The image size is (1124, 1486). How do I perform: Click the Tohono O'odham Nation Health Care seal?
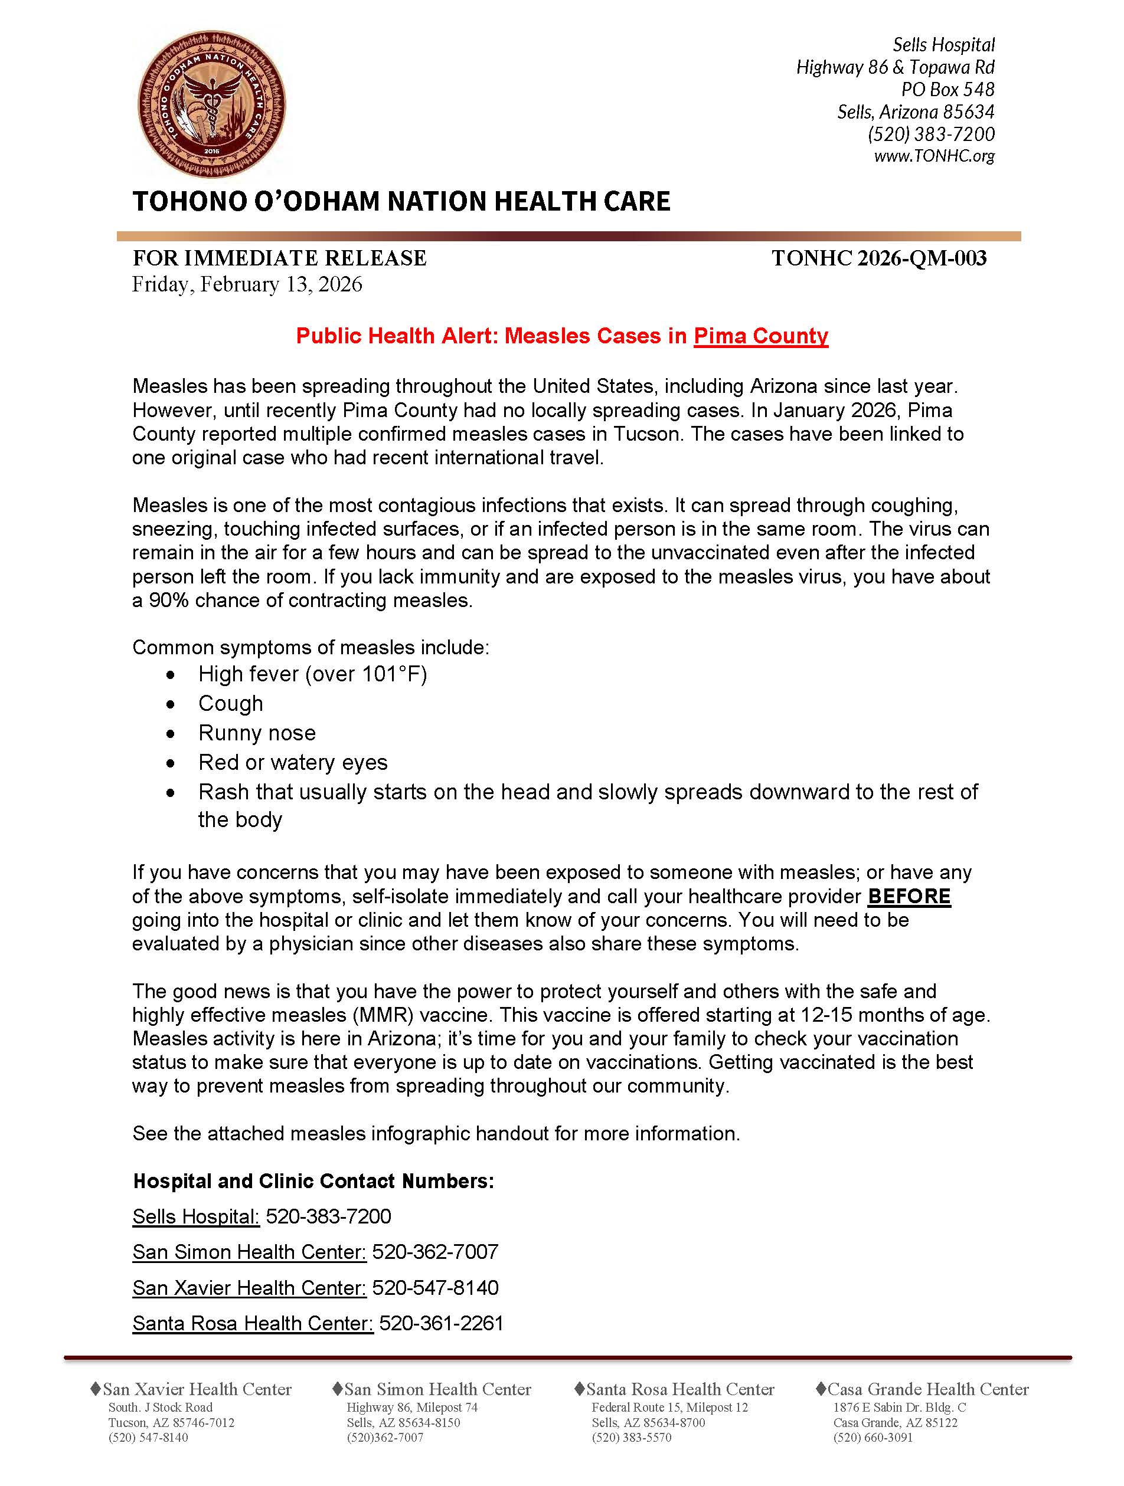click(212, 104)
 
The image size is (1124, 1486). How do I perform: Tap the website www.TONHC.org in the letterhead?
click(934, 156)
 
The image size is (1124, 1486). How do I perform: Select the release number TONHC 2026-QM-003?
click(878, 258)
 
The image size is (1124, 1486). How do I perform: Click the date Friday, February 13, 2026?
click(247, 285)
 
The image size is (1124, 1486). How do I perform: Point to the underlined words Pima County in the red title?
click(760, 336)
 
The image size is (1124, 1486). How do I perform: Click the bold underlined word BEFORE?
click(909, 897)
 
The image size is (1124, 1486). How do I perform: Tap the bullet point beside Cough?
click(171, 704)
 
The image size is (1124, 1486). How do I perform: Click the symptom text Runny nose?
click(257, 733)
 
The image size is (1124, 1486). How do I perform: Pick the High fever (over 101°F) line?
click(313, 674)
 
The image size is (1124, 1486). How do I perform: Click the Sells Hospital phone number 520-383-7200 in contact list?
click(328, 1216)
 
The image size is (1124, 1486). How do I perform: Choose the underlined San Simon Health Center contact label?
click(249, 1252)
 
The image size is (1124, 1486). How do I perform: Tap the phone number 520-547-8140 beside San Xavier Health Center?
click(436, 1288)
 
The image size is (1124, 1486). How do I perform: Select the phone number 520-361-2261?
click(441, 1323)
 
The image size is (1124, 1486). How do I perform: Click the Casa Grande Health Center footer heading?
click(927, 1389)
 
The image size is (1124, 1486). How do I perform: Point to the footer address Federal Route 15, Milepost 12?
click(669, 1408)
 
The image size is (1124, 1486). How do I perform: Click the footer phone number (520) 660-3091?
click(873, 1438)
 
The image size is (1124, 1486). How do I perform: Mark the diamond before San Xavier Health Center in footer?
click(96, 1388)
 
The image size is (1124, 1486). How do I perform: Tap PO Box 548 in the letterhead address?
click(947, 89)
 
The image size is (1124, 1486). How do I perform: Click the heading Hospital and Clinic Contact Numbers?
click(313, 1181)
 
